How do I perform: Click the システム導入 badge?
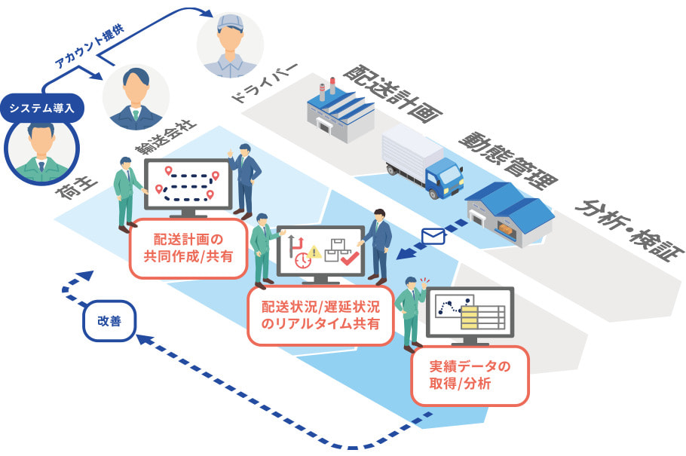pos(41,108)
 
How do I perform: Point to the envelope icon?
pos(433,236)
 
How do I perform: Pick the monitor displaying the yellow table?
pos(470,311)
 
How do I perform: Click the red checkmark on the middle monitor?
pos(348,259)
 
